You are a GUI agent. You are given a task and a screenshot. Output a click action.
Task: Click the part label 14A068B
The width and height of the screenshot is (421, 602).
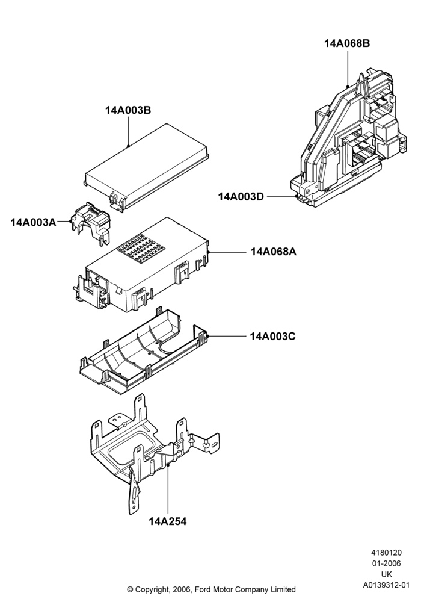347,43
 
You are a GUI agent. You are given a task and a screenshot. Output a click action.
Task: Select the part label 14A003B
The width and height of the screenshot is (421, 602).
128,110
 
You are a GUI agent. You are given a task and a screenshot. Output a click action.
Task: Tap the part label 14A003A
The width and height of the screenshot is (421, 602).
33,222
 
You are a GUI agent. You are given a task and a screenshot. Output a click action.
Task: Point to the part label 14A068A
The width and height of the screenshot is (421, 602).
274,252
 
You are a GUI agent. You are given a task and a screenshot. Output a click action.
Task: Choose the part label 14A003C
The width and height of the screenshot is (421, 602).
273,337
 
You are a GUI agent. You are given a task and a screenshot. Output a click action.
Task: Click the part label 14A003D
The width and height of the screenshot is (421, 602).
241,197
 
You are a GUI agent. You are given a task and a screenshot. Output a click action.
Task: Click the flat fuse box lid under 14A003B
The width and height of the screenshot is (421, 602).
147,168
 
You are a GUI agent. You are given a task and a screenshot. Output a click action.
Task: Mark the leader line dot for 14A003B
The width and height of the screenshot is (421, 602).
128,146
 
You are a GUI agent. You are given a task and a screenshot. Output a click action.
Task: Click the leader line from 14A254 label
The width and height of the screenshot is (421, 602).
168,490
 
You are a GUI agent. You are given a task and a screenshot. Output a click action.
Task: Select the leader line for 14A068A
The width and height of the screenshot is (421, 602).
228,252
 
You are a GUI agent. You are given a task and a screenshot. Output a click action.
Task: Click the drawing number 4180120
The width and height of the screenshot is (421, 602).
386,553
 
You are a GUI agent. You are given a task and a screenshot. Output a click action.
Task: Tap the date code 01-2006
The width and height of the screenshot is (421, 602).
386,563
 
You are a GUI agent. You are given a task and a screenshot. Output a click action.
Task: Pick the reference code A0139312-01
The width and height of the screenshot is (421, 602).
387,585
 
